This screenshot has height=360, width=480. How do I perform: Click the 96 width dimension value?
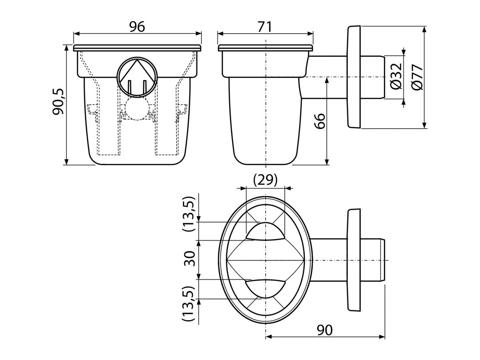[137, 27]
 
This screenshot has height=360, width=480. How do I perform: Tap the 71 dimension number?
[265, 27]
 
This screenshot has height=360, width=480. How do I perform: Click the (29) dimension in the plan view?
[265, 180]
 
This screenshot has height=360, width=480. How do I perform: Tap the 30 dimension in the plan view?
[189, 259]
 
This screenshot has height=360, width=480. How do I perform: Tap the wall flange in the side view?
[353, 77]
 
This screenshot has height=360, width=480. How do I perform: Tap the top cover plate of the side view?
[265, 48]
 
